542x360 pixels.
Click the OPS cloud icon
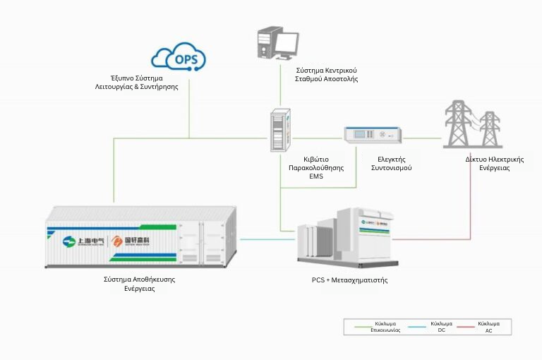click(179, 56)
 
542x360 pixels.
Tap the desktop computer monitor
click(286, 44)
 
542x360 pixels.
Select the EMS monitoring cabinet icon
click(279, 130)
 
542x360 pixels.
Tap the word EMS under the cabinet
click(315, 176)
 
